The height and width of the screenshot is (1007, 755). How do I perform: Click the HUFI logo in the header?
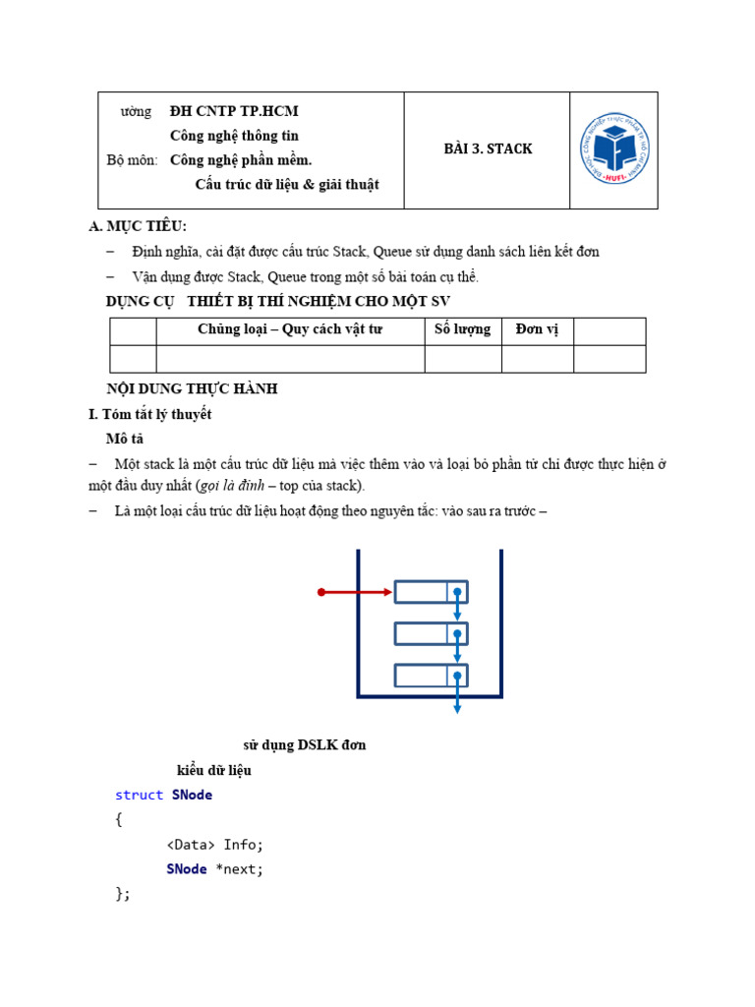click(614, 149)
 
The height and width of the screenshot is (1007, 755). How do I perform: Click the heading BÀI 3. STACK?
click(489, 148)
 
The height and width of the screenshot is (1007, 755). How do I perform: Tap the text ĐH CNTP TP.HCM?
click(234, 111)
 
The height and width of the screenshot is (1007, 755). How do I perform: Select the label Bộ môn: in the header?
click(132, 159)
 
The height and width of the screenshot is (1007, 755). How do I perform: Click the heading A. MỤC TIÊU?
click(138, 226)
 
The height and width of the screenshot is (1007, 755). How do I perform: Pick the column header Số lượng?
click(462, 329)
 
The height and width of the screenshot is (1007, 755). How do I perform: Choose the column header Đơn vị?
click(537, 329)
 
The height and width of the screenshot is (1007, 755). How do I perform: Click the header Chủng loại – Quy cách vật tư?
click(289, 329)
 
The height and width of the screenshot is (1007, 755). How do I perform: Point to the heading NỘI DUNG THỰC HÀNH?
click(192, 388)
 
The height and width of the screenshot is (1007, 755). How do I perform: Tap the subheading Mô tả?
click(125, 439)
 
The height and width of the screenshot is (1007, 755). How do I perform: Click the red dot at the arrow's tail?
click(321, 592)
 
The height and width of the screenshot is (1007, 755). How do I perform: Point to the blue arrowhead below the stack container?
click(457, 708)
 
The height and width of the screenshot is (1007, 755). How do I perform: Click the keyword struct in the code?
click(140, 795)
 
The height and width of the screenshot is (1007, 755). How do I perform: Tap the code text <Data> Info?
click(215, 844)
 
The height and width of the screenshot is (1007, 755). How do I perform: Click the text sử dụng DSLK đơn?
click(305, 744)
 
